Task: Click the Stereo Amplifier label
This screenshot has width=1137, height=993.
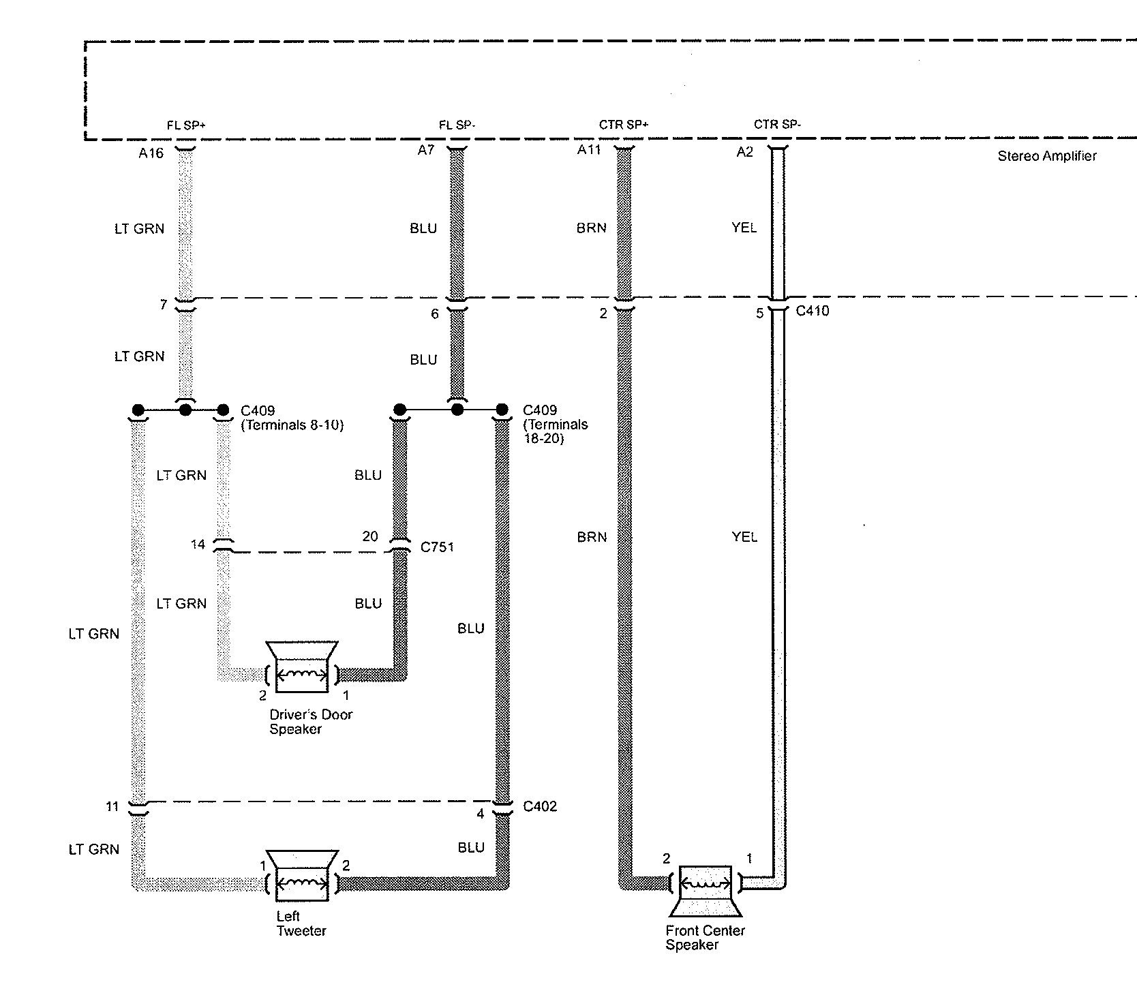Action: click(1047, 156)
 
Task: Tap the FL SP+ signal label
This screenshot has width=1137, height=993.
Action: click(186, 125)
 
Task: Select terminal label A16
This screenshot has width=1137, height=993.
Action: click(151, 153)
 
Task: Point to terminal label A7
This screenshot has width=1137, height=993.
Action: click(425, 150)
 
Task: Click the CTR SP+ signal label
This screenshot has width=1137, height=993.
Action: click(623, 125)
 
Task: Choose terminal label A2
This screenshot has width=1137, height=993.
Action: click(744, 152)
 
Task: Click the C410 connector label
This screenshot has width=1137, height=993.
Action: click(813, 311)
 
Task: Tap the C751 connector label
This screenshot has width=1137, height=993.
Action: click(437, 547)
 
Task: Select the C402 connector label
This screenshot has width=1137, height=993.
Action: click(540, 807)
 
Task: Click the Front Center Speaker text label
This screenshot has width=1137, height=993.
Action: click(705, 938)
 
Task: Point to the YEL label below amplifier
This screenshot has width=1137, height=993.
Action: click(744, 228)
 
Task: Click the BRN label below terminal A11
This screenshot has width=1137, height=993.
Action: click(591, 228)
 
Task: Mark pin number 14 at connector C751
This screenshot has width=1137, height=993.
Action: click(198, 545)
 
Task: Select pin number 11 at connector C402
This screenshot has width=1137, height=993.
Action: click(112, 807)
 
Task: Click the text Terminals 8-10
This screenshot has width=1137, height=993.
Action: click(292, 425)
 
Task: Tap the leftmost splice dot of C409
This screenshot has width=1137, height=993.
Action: click(138, 410)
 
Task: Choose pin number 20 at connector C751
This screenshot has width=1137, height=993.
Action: click(370, 536)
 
